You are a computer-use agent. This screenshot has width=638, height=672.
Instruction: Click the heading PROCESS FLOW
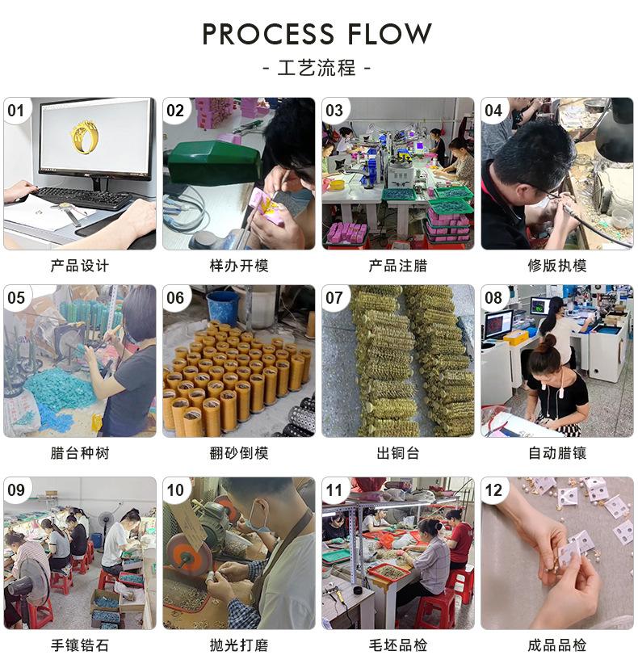317,34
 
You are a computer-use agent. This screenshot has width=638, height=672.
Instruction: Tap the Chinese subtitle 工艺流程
317,68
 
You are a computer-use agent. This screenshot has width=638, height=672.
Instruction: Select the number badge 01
17,111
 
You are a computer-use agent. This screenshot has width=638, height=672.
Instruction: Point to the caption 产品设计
79,266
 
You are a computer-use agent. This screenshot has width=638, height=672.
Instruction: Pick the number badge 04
493,111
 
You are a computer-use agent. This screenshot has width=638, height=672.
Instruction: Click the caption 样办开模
238,266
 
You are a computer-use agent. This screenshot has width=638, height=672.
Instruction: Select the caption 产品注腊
398,266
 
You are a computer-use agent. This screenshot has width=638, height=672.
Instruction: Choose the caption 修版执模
557,266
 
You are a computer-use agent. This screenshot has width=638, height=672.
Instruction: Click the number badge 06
175,298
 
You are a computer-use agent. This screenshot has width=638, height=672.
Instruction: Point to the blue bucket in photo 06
223,308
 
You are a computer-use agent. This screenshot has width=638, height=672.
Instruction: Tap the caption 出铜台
398,453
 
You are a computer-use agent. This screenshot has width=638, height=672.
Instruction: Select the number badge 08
493,298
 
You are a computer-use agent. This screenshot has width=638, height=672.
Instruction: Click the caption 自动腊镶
557,453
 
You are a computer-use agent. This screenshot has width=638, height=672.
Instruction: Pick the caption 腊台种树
79,453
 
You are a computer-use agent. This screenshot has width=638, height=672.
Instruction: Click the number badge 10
175,489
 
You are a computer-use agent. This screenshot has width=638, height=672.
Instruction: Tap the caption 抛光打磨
238,645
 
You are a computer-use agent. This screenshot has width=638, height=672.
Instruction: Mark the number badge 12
493,489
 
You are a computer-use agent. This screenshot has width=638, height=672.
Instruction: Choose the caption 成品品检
557,645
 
